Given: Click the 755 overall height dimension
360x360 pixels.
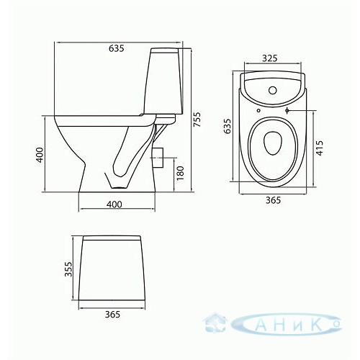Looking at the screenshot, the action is click(x=197, y=120).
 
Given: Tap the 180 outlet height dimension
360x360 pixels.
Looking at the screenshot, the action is click(x=180, y=173).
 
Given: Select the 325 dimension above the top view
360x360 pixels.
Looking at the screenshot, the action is click(x=270, y=58).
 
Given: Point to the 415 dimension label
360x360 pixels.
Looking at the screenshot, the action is click(x=320, y=148).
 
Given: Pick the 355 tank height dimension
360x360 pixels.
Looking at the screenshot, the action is click(x=68, y=269).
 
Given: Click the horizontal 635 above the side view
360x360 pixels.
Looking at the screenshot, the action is click(x=117, y=48).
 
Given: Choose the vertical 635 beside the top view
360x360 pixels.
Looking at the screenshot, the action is click(x=227, y=126).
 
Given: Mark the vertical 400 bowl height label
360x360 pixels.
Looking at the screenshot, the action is click(x=40, y=155).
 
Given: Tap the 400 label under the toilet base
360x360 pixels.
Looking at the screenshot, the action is click(x=114, y=204).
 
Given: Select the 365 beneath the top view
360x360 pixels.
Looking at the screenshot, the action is click(x=273, y=200).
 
